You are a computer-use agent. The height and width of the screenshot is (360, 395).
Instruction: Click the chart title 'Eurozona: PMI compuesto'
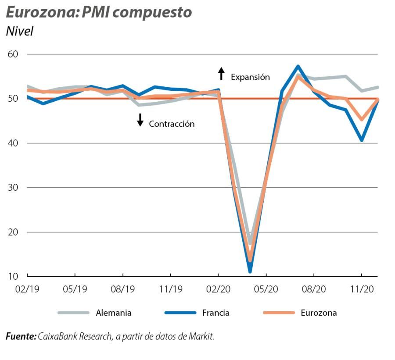99,12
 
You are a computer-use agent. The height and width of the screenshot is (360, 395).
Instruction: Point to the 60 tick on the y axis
14,54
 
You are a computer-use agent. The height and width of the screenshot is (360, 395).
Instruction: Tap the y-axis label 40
14,143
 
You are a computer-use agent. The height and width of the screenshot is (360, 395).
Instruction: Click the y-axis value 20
14,232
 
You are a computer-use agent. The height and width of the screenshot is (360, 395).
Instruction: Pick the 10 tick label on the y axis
14,276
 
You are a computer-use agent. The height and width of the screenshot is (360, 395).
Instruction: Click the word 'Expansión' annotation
250,77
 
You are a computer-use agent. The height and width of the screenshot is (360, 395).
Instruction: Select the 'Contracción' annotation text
172,124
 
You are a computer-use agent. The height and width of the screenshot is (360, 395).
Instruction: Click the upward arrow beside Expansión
222,74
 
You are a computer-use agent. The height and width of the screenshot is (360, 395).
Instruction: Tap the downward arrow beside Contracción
140,120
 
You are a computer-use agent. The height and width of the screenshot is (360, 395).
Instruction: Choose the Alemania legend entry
114,313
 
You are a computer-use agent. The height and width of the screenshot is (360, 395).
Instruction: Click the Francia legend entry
215,313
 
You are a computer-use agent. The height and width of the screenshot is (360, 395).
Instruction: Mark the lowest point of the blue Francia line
250,271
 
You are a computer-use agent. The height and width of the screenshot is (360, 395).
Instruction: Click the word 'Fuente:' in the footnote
21,337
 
